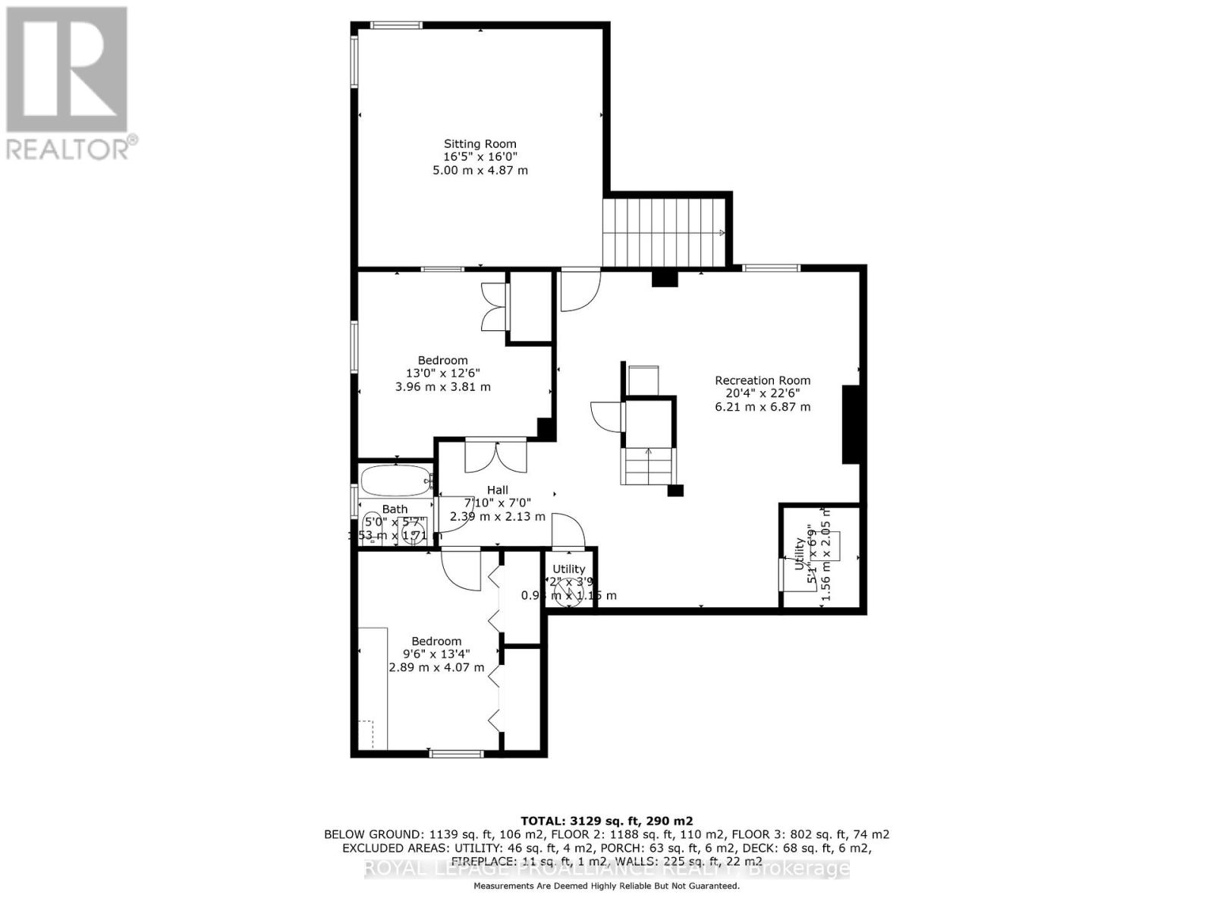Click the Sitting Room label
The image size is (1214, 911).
480,143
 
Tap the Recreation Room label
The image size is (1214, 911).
763,380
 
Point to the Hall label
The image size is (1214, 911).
498,490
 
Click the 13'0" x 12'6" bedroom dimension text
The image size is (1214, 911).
443,374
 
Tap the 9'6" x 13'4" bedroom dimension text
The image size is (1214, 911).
436,654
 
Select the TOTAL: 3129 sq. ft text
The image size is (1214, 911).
605,821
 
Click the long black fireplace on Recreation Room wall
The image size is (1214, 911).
851,424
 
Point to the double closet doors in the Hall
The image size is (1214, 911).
495,455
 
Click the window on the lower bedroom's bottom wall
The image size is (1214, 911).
456,753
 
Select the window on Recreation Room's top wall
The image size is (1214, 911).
770,267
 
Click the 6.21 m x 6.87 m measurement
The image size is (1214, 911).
763,407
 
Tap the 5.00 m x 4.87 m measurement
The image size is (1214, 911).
480,170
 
